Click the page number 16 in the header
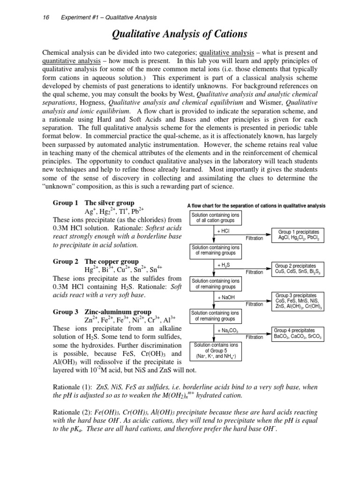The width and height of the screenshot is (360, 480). [x=45, y=18]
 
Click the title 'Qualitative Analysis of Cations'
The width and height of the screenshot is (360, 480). [x=180, y=34]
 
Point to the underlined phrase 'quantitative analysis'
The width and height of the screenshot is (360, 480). [x=72, y=61]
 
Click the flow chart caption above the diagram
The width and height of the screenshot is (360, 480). [x=256, y=206]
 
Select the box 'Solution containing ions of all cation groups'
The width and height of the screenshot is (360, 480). [x=215, y=217]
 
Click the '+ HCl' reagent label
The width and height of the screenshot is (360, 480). [x=223, y=232]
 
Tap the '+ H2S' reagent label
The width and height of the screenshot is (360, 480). [x=223, y=265]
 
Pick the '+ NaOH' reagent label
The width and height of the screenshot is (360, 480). [x=226, y=298]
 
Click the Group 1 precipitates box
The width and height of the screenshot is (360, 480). [x=298, y=235]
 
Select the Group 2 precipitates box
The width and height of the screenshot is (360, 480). [x=298, y=269]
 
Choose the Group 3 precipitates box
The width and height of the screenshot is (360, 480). [x=298, y=301]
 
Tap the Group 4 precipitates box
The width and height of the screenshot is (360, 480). [x=298, y=333]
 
